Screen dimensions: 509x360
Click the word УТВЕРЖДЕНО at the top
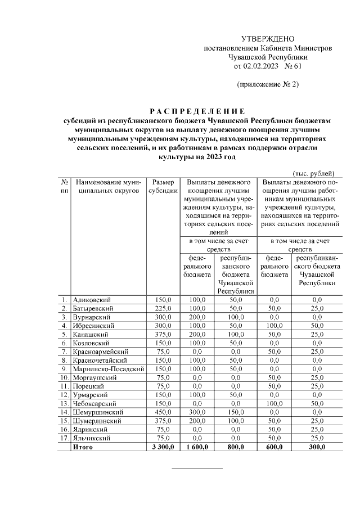coord(268,39)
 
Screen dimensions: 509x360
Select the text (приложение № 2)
coord(268,85)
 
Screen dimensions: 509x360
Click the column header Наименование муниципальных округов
coord(108,187)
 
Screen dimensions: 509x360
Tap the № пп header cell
coord(65,187)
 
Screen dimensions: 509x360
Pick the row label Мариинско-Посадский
coord(105,369)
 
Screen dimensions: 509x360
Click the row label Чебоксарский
coord(95,403)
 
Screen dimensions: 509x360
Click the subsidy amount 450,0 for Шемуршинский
coord(162,412)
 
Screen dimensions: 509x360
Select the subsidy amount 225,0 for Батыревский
coord(162,309)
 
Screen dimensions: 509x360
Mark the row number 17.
coord(65,438)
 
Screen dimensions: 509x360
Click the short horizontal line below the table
coord(196,467)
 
